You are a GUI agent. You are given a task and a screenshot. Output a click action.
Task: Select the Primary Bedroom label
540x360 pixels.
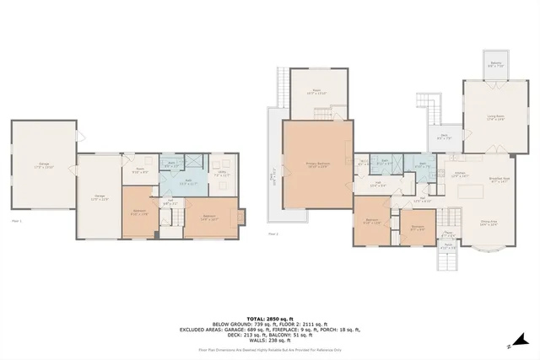click(316, 165)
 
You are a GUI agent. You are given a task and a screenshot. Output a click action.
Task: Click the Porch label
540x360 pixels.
click(449, 247)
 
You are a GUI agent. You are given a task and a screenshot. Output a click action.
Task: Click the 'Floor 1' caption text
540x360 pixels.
click(16, 220)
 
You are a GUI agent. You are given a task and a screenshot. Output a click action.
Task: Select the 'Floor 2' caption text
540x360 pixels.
click(273, 234)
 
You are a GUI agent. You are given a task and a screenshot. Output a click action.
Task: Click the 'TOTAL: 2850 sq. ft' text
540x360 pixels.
click(270, 320)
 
